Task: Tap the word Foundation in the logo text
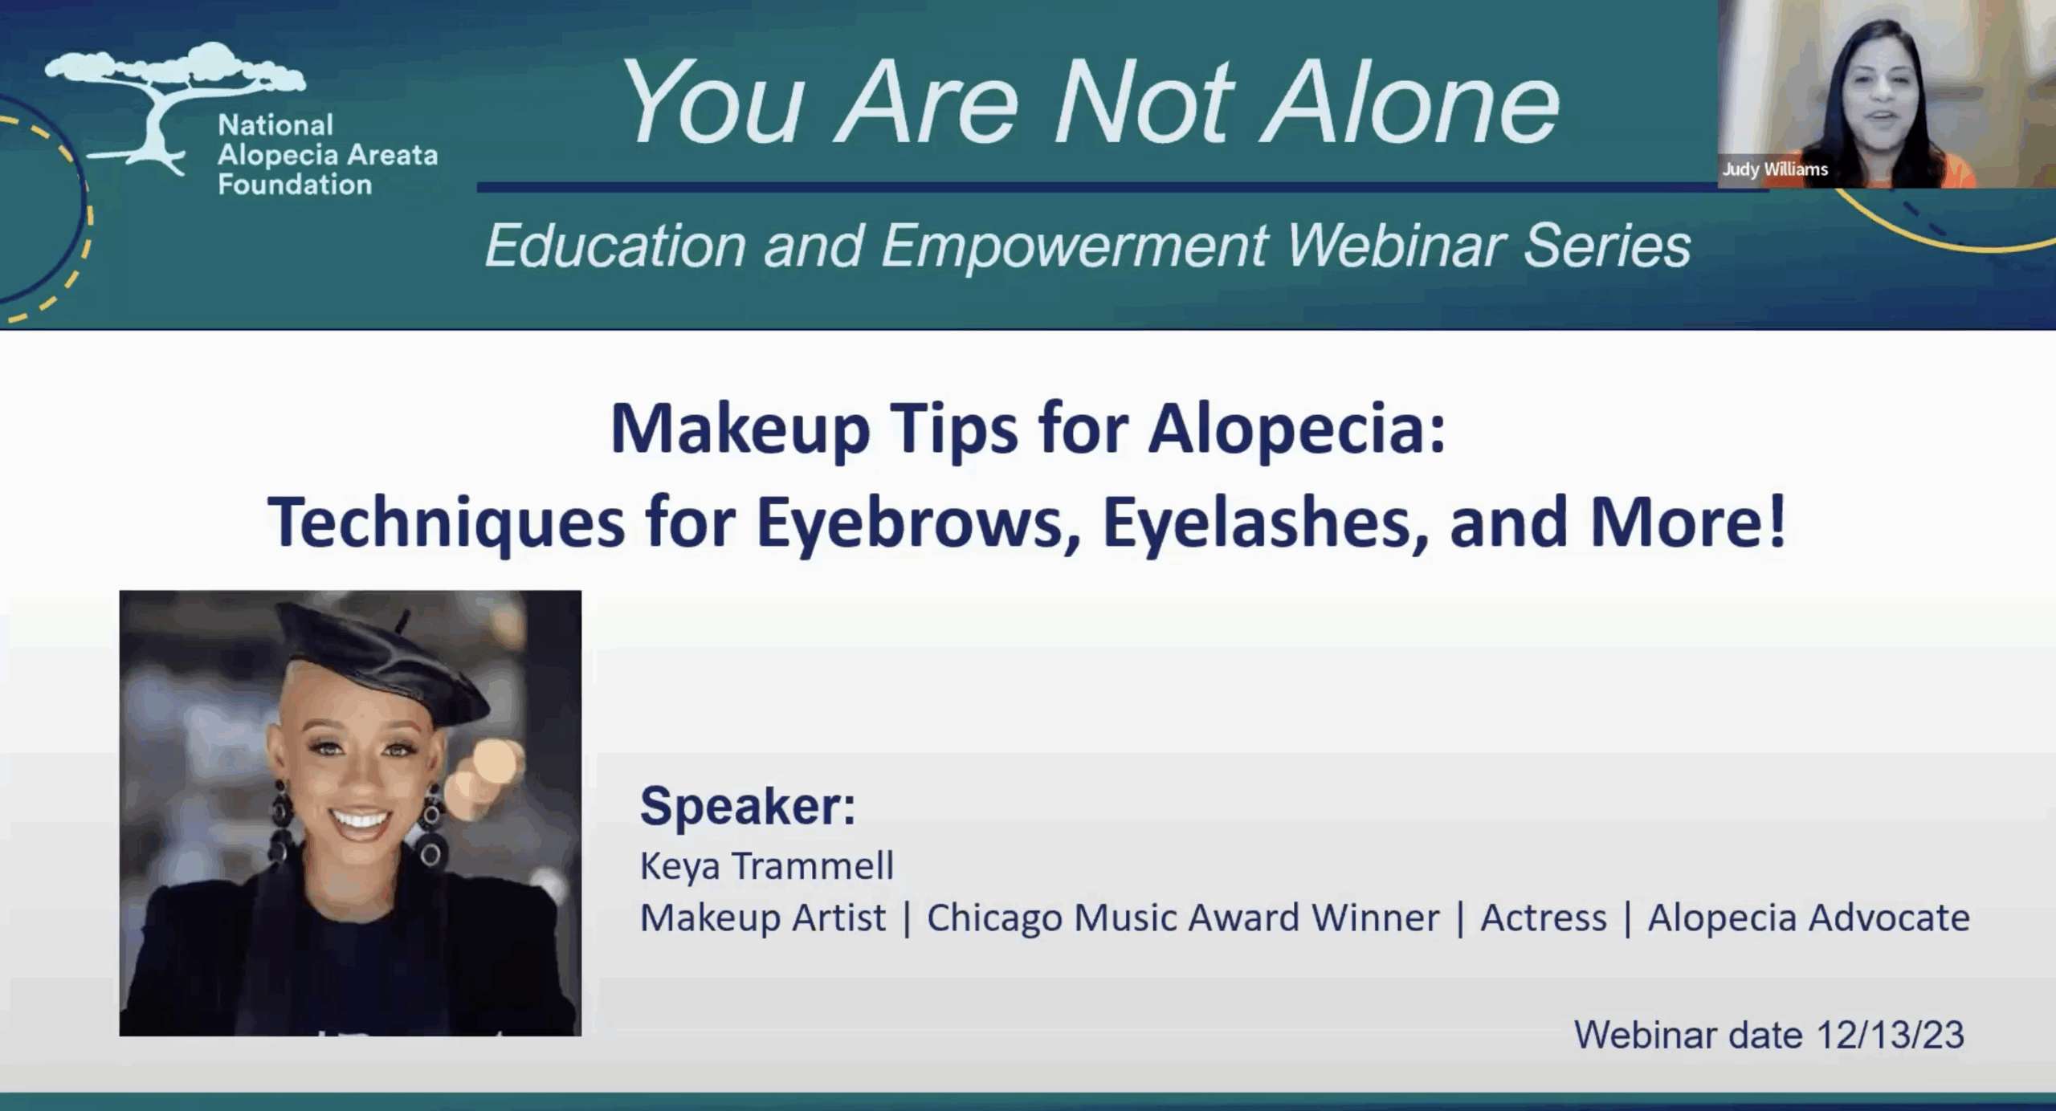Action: tap(295, 185)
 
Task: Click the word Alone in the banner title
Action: tap(1410, 104)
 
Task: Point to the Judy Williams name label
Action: tap(1775, 169)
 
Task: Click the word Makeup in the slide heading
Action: tap(739, 430)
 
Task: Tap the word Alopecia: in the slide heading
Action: tap(1296, 430)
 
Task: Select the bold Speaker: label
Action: tap(747, 805)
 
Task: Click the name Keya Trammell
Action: tap(766, 866)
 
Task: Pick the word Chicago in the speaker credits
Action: tap(993, 918)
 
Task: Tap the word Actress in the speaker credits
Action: tap(1543, 918)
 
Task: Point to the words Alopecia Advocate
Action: tap(1809, 918)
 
